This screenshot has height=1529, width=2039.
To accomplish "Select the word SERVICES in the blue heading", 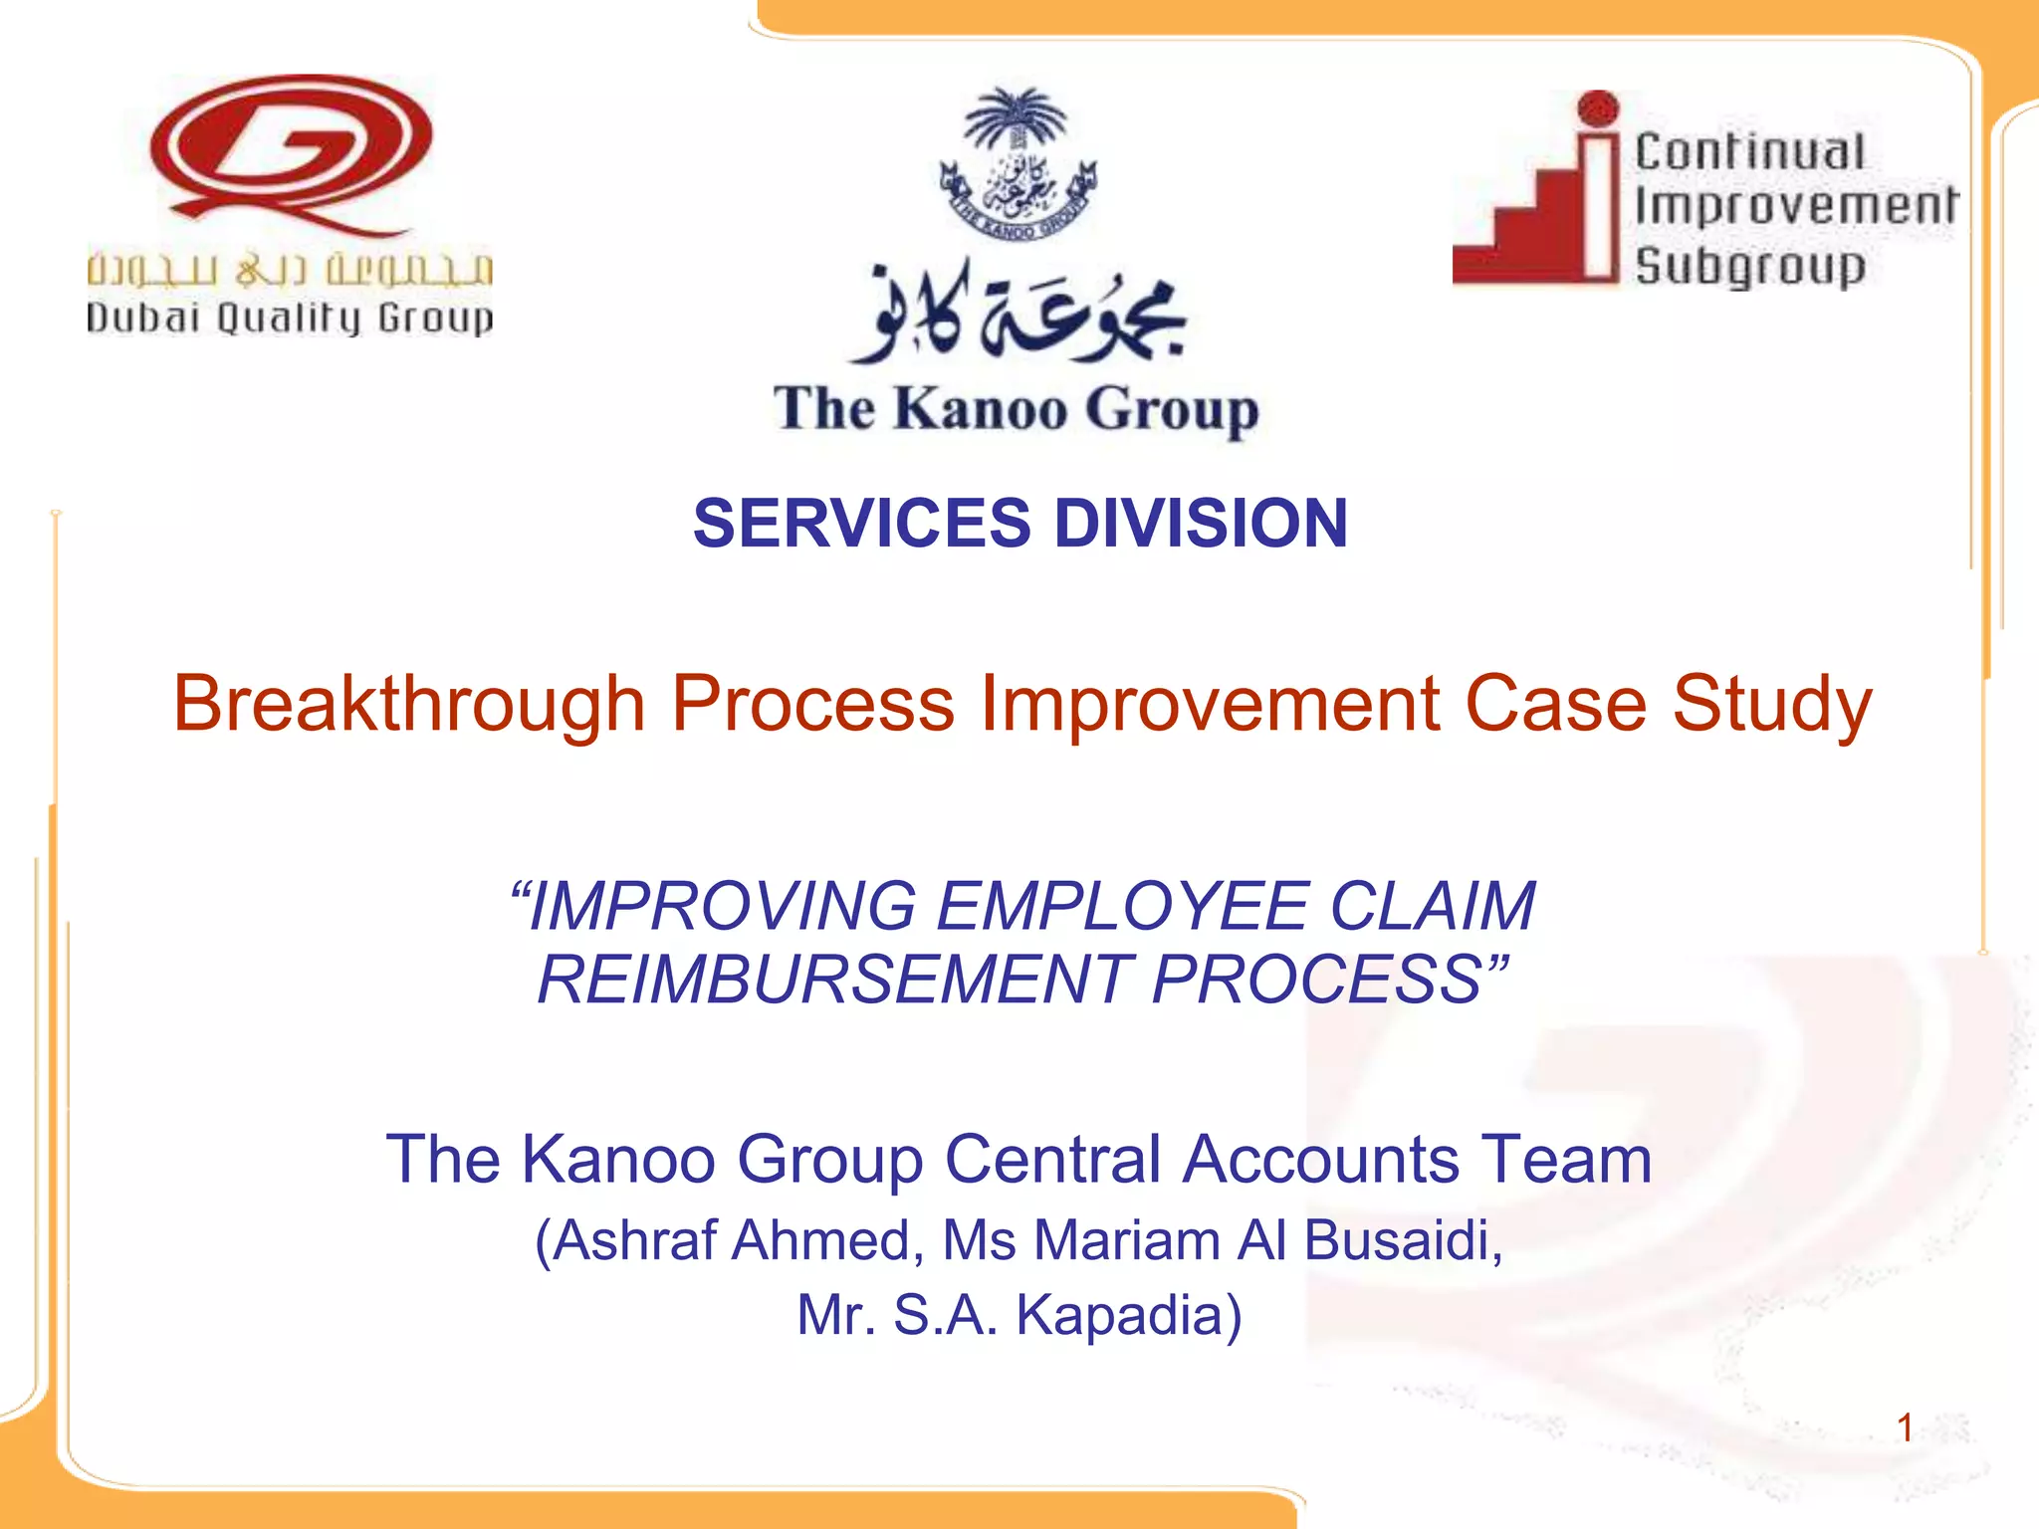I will [x=862, y=524].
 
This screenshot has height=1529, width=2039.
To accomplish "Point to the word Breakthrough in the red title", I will [x=409, y=705].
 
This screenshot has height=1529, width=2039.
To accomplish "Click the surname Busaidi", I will [x=1402, y=1240].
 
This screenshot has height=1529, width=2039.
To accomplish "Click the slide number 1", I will [x=1905, y=1428].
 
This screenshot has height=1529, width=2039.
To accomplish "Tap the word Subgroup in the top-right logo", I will [x=1750, y=267].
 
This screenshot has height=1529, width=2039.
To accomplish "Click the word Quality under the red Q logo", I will [x=288, y=319].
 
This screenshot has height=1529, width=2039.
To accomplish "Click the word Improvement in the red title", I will [x=1211, y=705].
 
